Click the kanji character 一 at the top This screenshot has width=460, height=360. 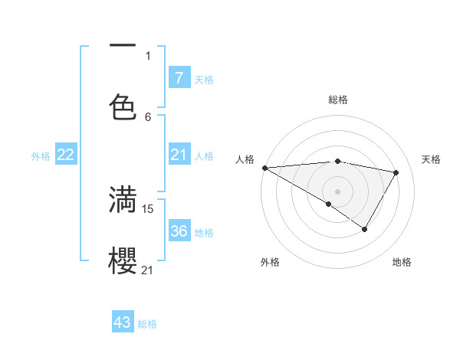(123, 46)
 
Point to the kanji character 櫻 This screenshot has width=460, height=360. (123, 260)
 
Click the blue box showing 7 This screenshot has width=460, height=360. (179, 77)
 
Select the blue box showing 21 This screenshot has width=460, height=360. (179, 155)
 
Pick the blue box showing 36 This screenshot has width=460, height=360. (179, 231)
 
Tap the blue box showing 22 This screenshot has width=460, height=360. (66, 155)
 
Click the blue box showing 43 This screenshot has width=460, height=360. (123, 322)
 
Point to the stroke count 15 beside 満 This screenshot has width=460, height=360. (148, 208)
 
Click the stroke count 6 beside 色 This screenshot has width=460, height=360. (148, 116)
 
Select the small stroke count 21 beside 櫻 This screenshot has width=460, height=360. (148, 270)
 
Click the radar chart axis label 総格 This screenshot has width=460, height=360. (337, 100)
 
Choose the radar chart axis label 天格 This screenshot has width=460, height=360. (431, 159)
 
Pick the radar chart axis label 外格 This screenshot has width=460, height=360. (269, 262)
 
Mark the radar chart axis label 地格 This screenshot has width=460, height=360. (402, 262)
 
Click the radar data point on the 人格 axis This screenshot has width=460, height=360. (264, 168)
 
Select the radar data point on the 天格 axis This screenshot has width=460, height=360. (396, 172)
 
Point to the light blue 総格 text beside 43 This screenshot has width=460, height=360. (147, 324)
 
